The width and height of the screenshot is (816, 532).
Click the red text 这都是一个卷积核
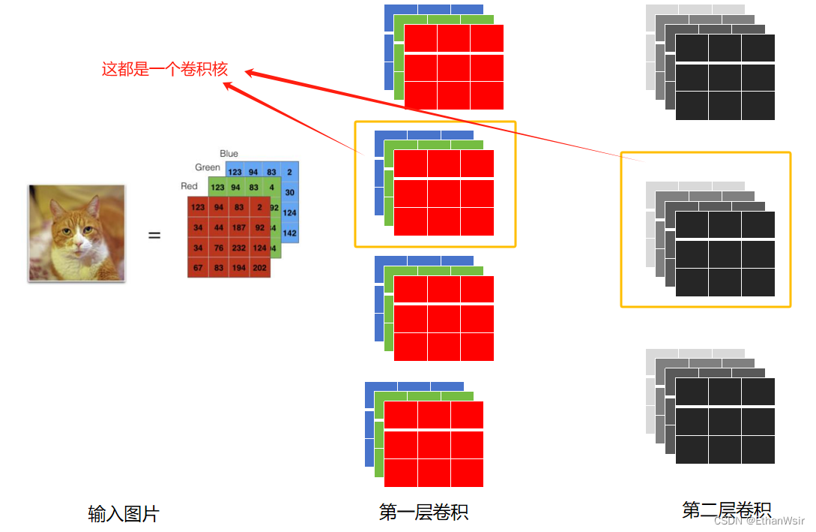point(165,70)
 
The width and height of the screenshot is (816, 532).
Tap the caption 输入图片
point(124,514)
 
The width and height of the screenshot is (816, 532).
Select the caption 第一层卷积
point(424,512)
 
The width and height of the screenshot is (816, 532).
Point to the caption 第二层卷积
point(726,510)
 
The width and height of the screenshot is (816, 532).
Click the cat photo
point(77,233)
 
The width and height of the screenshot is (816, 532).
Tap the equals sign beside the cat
point(154,236)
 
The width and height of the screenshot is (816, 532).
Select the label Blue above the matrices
point(229,154)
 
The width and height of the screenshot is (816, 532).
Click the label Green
point(208,167)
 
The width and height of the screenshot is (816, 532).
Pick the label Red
point(189,186)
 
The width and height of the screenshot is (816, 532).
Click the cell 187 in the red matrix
point(239,227)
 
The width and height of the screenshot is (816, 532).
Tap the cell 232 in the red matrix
point(239,248)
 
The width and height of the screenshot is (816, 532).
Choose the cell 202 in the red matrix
point(259,269)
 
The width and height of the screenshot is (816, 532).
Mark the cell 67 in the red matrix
point(198,269)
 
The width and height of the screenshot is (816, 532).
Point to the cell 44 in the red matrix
point(218,227)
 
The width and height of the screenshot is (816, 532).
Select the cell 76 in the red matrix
point(218,248)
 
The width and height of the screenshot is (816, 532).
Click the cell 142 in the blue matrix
point(290,233)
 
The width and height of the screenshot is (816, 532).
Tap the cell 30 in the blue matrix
point(290,193)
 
